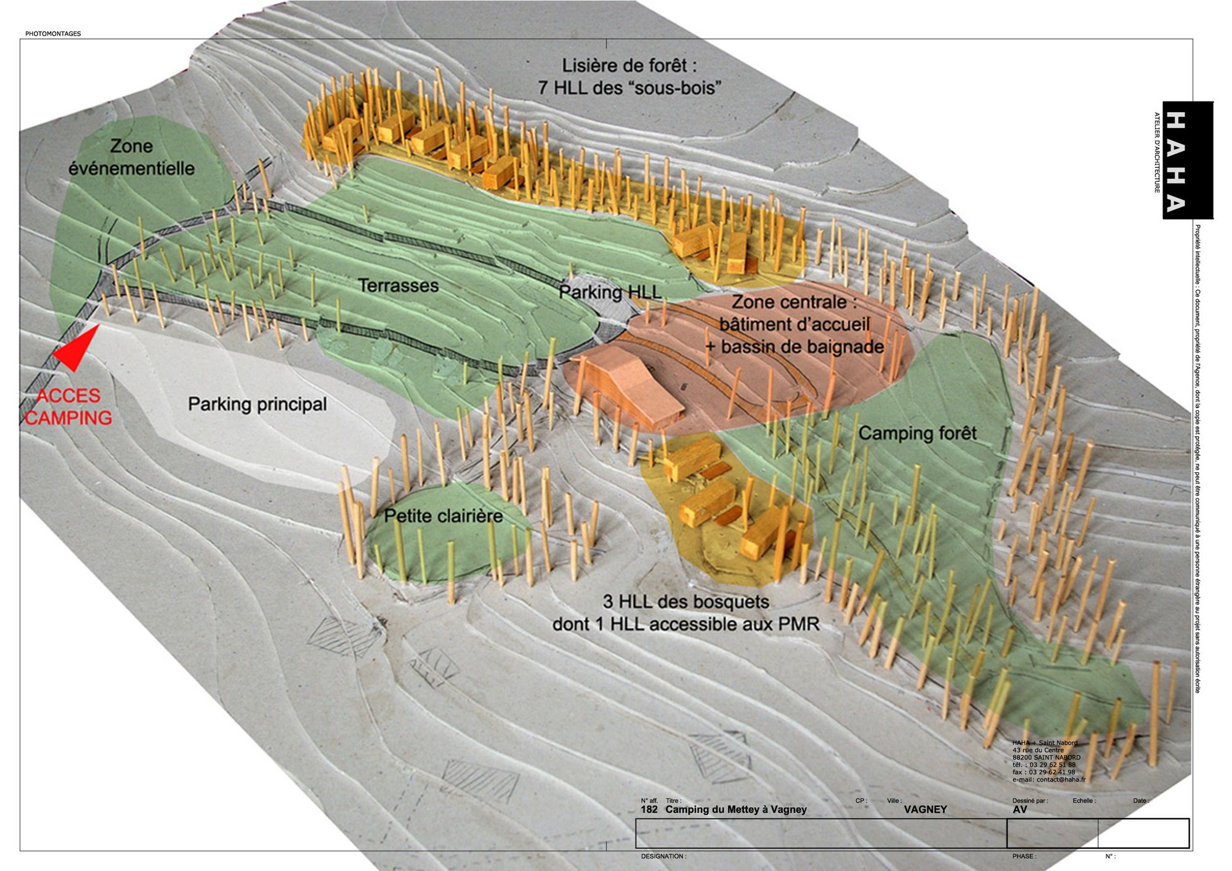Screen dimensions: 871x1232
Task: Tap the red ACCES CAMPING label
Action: [x=68, y=407]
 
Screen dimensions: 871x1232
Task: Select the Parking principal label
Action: [x=257, y=404]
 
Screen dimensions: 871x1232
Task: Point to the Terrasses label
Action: [x=398, y=285]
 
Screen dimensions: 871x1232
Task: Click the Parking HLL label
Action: [x=610, y=292]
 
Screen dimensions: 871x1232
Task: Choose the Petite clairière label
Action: [x=444, y=516]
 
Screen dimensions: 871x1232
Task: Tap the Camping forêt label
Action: [x=917, y=433]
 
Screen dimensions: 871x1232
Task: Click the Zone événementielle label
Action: [x=131, y=157]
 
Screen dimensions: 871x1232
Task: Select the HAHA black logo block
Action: [x=1187, y=160]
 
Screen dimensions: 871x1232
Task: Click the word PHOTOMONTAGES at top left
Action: [x=53, y=34]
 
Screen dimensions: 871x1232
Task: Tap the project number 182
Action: [x=649, y=809]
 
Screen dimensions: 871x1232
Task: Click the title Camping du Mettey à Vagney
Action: [x=736, y=809]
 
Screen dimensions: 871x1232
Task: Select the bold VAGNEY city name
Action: [x=925, y=809]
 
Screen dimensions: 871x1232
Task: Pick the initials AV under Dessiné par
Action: [x=1019, y=809]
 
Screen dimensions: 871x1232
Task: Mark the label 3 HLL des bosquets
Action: [x=686, y=601]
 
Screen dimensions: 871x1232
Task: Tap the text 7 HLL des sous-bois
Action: [x=630, y=87]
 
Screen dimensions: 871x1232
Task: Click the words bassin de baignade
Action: [x=802, y=347]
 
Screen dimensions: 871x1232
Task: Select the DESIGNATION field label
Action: [x=663, y=856]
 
